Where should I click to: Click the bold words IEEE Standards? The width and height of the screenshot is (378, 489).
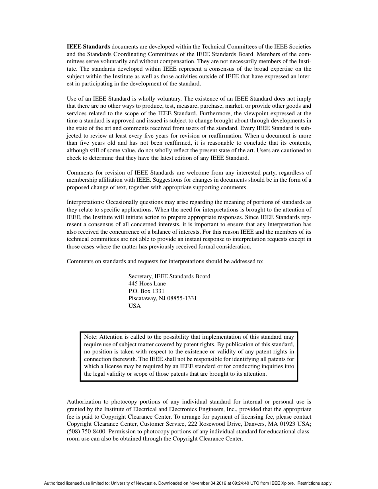pos(88,47)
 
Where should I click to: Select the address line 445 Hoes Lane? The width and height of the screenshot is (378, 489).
pos(147,283)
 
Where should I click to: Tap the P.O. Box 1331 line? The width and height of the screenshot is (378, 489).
pos(146,291)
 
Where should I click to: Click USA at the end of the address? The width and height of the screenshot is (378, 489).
pos(134,306)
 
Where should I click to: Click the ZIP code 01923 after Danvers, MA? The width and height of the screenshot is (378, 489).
pos(284,424)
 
